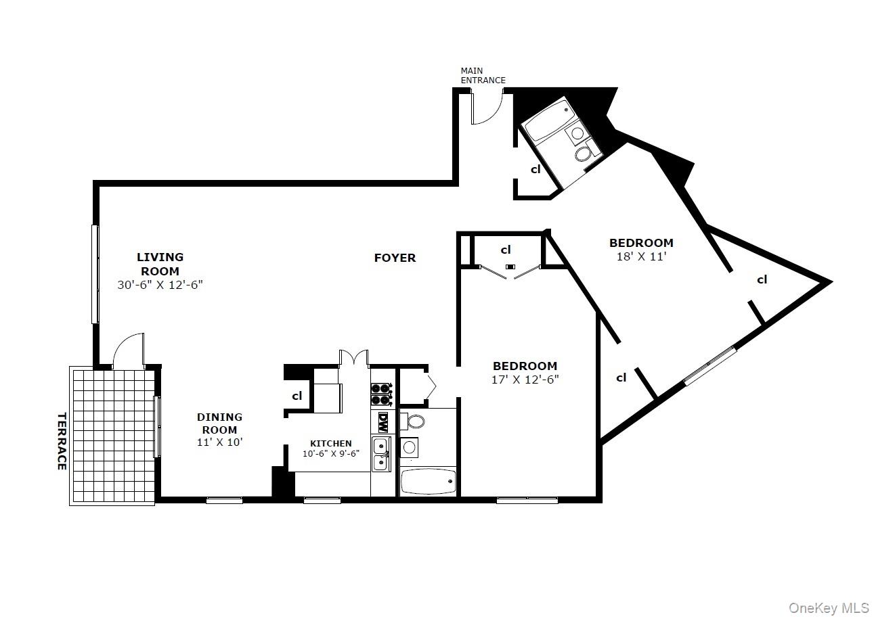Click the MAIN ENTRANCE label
pyautogui.click(x=483, y=75)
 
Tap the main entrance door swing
pyautogui.click(x=486, y=109)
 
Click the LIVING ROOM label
pyautogui.click(x=160, y=264)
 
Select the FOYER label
pyautogui.click(x=395, y=258)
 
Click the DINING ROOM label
pyautogui.click(x=219, y=424)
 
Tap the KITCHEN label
pyautogui.click(x=330, y=444)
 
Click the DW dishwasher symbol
pyautogui.click(x=383, y=422)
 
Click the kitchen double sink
pyautogui.click(x=380, y=454)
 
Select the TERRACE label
pyautogui.click(x=62, y=441)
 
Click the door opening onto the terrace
pyautogui.click(x=129, y=350)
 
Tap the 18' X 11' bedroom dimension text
pyautogui.click(x=641, y=257)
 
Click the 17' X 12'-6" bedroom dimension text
pyautogui.click(x=525, y=380)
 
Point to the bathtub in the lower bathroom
pyautogui.click(x=428, y=482)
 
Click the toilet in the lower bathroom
pyautogui.click(x=414, y=422)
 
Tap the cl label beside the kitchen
pyautogui.click(x=297, y=396)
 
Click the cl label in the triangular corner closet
pyautogui.click(x=762, y=279)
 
